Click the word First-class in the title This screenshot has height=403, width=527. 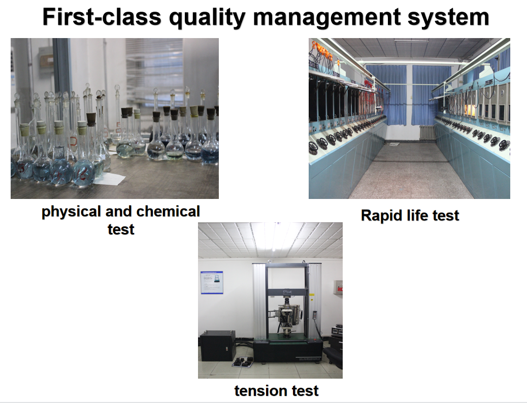tap(102, 17)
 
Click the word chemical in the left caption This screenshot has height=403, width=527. tap(168, 212)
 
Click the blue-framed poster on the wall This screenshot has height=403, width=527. tap(212, 282)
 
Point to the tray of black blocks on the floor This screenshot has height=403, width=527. tap(242, 363)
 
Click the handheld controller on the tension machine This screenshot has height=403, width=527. tap(315, 315)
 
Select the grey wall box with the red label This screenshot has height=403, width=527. tap(338, 287)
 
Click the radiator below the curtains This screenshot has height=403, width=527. tap(427, 132)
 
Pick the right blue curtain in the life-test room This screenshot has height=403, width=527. tap(431, 95)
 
